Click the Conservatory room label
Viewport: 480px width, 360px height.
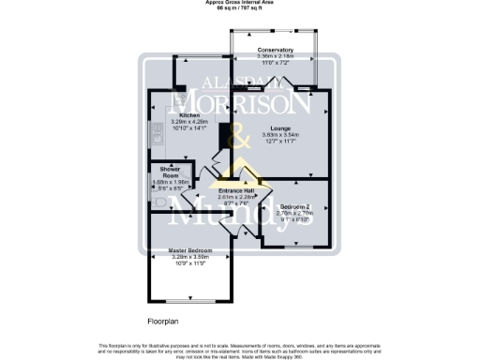(x=276, y=50)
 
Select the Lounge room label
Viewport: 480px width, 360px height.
(x=277, y=127)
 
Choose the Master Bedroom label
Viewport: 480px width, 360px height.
(x=190, y=251)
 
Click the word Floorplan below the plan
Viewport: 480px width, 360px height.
(x=162, y=322)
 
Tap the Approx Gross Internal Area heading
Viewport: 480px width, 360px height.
(x=239, y=3)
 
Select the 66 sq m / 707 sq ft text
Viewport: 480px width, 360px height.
(x=239, y=8)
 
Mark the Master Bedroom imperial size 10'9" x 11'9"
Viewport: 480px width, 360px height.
(x=190, y=264)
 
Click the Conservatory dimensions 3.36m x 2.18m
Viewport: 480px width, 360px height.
(x=276, y=56)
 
